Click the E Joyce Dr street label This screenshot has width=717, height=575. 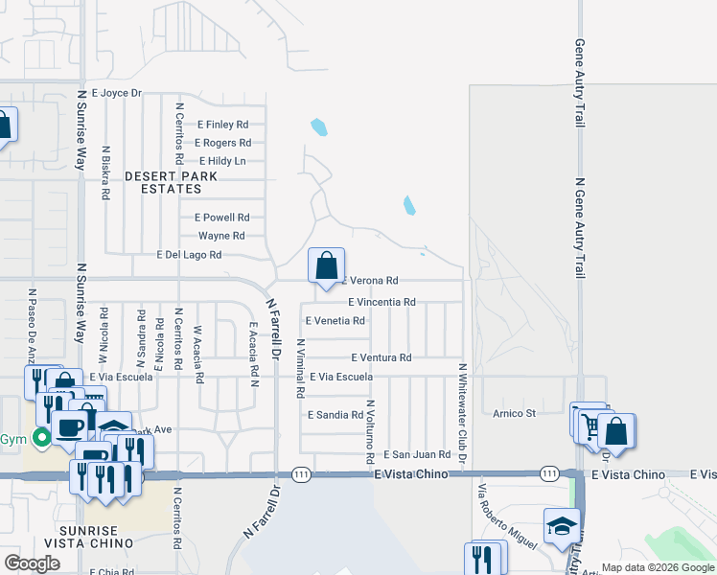point(117,93)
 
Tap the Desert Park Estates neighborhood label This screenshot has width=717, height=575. point(172,183)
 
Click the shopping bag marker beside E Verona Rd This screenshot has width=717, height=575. point(326,264)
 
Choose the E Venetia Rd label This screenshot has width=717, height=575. point(335,321)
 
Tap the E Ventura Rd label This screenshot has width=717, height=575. point(381,357)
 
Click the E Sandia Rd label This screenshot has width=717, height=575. point(335,415)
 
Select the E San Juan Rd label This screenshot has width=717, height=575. point(418,454)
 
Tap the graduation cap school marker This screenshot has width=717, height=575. point(562,524)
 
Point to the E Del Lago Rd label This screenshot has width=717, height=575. point(190,255)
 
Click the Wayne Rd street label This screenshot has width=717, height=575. point(221,236)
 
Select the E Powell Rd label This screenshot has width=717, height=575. point(221,218)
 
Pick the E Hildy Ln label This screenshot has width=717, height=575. point(220,161)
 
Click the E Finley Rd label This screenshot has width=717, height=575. point(222,125)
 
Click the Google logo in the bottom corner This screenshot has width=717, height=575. point(32,563)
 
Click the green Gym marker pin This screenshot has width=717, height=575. point(41,440)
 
